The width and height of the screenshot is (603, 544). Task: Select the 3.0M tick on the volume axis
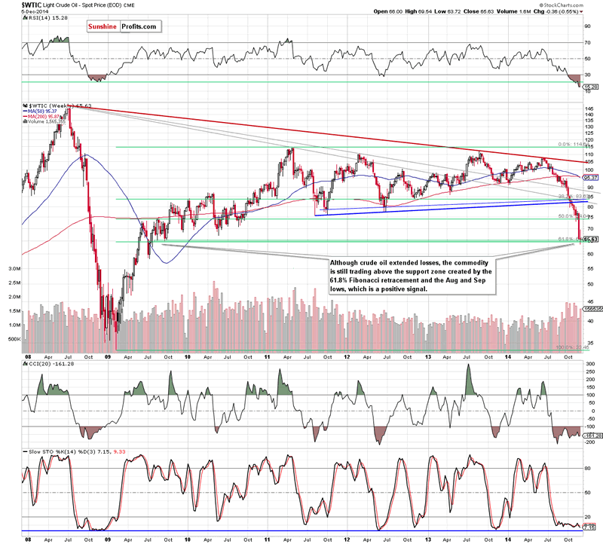coord(14,267)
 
